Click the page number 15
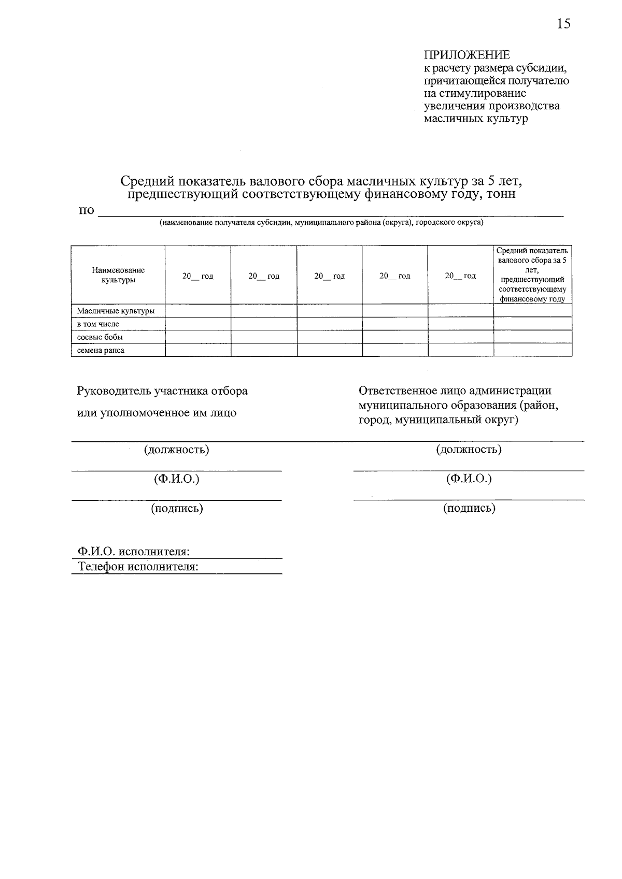pyautogui.click(x=563, y=24)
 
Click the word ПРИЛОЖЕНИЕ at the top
pyautogui.click(x=466, y=55)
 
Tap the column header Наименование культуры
pyautogui.click(x=118, y=275)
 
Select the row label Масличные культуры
pyautogui.click(x=116, y=311)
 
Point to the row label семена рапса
pyautogui.click(x=101, y=351)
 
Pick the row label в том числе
pyautogui.click(x=98, y=324)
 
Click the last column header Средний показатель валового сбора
pyautogui.click(x=532, y=275)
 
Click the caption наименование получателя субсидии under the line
pyautogui.click(x=321, y=223)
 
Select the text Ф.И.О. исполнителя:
pyautogui.click(x=134, y=552)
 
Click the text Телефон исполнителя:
pyautogui.click(x=138, y=567)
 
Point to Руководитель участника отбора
pyautogui.click(x=162, y=391)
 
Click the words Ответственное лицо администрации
pyautogui.click(x=455, y=391)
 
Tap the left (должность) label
pyautogui.click(x=176, y=450)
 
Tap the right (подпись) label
pyautogui.click(x=469, y=508)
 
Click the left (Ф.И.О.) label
pyautogui.click(x=176, y=479)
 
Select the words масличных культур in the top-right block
pyautogui.click(x=475, y=119)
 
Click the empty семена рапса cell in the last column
pyautogui.click(x=532, y=350)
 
